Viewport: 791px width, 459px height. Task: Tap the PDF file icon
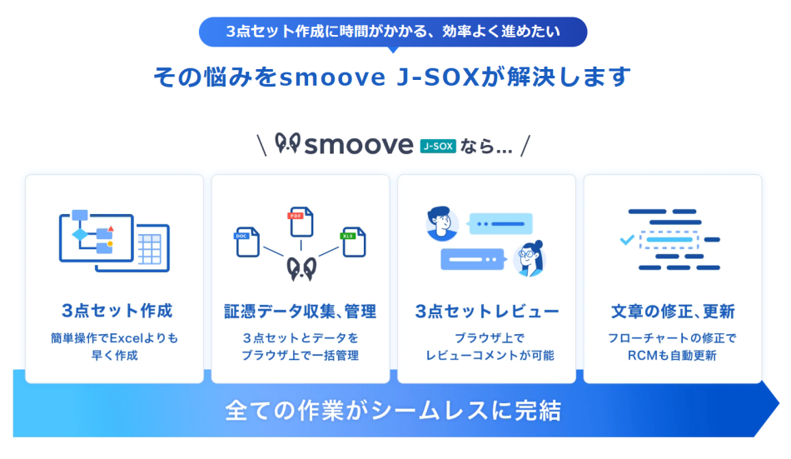point(299,222)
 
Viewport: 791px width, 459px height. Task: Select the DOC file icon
point(246,241)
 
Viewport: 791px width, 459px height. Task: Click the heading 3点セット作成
point(117,311)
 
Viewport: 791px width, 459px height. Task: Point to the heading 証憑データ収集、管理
point(300,311)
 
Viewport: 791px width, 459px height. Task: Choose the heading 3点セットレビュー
point(487,311)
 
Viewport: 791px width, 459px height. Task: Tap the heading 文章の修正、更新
point(673,311)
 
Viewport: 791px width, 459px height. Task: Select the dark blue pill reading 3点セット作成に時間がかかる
point(393,32)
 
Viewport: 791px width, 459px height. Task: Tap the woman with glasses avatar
point(530,258)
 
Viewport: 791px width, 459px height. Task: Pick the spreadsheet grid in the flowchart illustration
point(151,247)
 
